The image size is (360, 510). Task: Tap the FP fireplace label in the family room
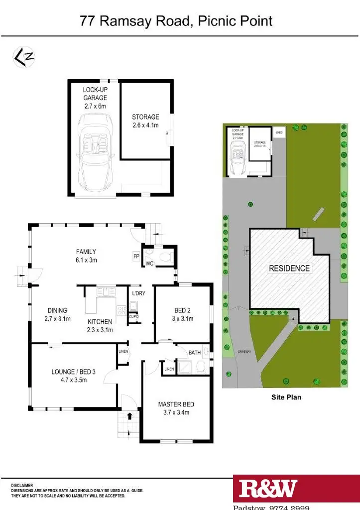click(136, 256)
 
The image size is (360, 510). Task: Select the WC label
click(149, 263)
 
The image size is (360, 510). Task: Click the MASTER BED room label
click(176, 404)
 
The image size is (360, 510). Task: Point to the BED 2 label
click(183, 310)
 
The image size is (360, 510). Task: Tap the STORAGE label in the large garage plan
click(145, 117)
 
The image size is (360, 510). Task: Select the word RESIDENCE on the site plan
click(289, 268)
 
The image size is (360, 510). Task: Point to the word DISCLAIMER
click(23, 485)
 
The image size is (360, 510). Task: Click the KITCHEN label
click(100, 322)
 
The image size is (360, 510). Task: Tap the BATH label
click(195, 353)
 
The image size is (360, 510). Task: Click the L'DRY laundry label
click(138, 293)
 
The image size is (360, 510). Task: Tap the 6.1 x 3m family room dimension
click(86, 259)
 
